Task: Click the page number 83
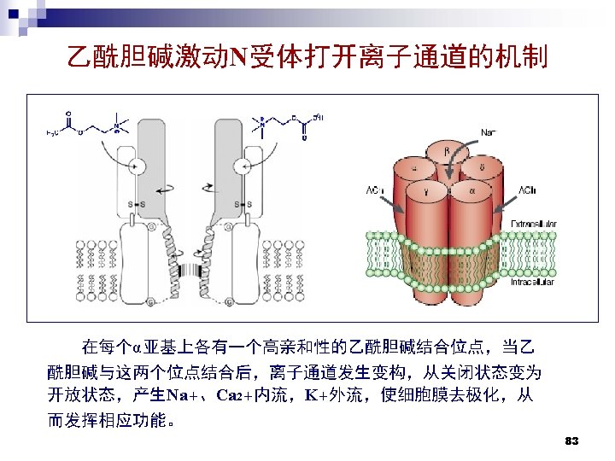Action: (572, 441)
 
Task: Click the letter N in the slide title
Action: (237, 58)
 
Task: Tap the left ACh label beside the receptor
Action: (375, 190)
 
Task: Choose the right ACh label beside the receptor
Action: (528, 190)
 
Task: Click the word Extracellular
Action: (533, 223)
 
